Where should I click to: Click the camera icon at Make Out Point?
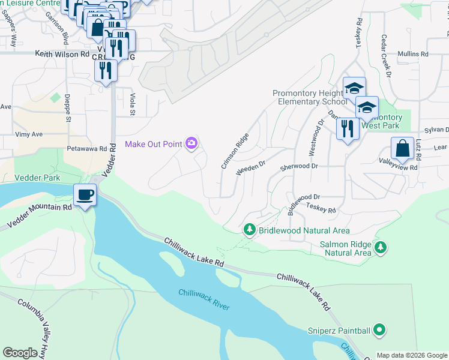point(191,143)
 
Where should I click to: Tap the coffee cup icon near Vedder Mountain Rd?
point(85,195)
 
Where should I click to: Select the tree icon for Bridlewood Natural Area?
point(249,229)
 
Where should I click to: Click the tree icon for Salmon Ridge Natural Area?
point(379,247)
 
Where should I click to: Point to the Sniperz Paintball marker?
point(379,329)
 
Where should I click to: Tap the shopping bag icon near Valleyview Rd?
point(402,148)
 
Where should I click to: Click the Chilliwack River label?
point(203,299)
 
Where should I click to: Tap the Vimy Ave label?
point(29,134)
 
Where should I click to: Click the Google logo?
point(20,353)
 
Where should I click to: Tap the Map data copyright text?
point(411,355)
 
